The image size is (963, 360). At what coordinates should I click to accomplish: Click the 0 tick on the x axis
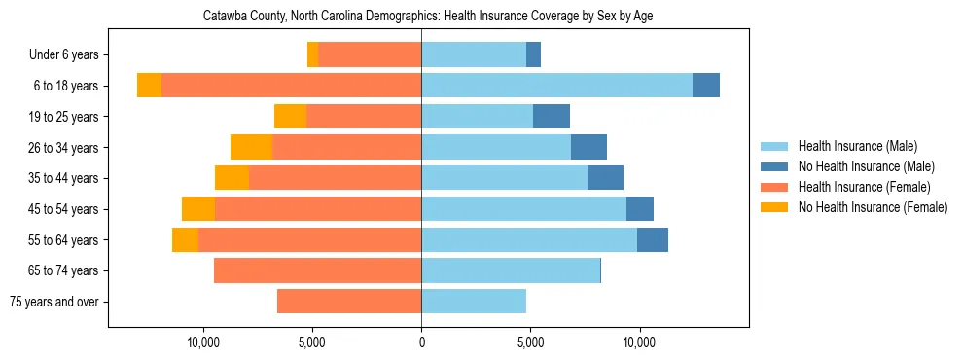click(421, 342)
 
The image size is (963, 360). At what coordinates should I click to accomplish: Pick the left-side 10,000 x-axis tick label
click(203, 342)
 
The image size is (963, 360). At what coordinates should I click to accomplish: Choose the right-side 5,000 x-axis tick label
click(530, 342)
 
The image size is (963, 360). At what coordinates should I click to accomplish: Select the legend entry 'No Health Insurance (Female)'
click(873, 207)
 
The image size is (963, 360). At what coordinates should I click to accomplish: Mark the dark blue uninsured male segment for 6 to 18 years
click(706, 86)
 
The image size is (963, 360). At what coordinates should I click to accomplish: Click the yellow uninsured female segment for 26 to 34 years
click(251, 147)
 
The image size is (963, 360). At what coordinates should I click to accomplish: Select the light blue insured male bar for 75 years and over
click(474, 302)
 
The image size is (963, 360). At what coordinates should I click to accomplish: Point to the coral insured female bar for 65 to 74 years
click(317, 270)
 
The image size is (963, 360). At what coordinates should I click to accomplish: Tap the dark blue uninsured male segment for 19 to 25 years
click(552, 117)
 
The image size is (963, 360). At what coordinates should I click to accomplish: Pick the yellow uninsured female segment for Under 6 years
click(312, 55)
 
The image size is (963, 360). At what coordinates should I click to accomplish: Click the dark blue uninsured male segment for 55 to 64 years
click(653, 239)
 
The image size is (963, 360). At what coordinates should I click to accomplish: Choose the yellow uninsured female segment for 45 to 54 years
click(198, 209)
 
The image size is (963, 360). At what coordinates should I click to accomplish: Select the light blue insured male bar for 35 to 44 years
click(504, 178)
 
